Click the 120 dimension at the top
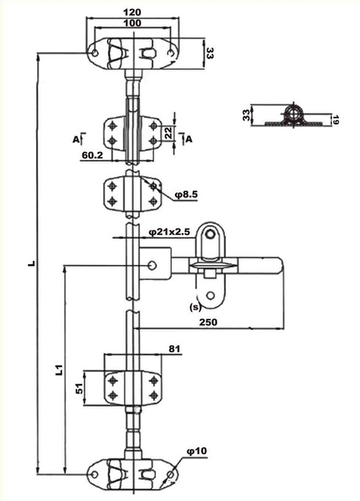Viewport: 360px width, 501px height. click(132, 12)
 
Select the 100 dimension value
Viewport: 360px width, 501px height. click(132, 23)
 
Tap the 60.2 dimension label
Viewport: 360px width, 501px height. click(92, 155)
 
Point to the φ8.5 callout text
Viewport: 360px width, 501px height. click(186, 194)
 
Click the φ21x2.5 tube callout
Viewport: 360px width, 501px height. click(169, 232)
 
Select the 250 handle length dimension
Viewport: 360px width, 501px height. click(208, 322)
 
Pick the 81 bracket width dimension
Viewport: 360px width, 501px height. click(174, 349)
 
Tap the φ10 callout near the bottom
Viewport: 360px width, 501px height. click(197, 451)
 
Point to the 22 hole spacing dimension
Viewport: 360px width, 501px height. click(168, 133)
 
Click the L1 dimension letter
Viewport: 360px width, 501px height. click(60, 370)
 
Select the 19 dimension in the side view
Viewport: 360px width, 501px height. click(335, 120)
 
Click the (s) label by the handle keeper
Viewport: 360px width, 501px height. click(195, 307)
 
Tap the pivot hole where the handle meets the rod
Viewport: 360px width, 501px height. click(152, 265)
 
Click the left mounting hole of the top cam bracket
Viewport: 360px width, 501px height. click(95, 53)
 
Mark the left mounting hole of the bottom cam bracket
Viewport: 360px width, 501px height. click(94, 474)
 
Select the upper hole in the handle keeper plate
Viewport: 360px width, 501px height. click(210, 234)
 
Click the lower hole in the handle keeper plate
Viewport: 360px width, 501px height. click(210, 295)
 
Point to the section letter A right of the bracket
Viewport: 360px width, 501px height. click(189, 139)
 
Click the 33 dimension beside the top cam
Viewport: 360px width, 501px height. click(210, 53)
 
